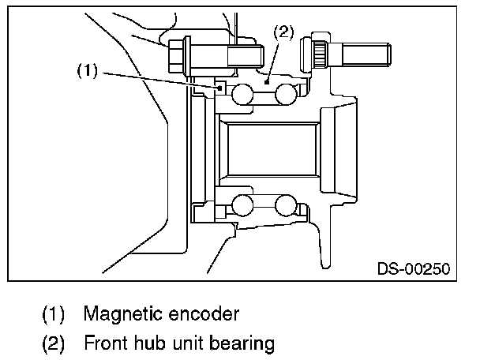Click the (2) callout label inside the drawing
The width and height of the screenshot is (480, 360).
pos(283,32)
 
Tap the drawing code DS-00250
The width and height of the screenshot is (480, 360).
pos(413,269)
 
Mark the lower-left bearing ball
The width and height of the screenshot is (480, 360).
pos(242,206)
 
